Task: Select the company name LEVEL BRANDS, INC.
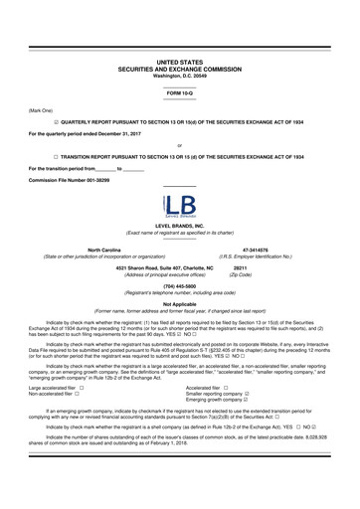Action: point(180,227)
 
